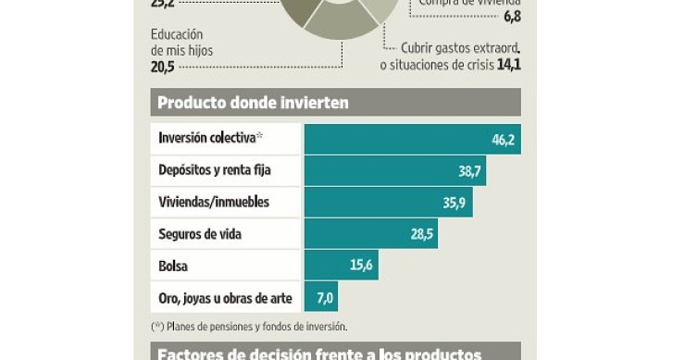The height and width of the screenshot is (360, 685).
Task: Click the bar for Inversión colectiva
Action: [x=412, y=139]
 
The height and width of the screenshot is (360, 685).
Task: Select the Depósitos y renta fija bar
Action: [x=394, y=170]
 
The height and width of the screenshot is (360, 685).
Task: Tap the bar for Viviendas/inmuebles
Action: [x=388, y=202]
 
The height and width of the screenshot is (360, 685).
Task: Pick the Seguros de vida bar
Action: [x=370, y=233]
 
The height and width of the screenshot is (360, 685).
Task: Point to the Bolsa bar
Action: [x=341, y=266]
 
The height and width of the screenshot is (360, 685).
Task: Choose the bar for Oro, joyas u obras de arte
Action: [x=321, y=297]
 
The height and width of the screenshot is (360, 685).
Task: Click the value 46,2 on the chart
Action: [x=503, y=139]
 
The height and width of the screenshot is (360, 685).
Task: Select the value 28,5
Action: [x=422, y=233]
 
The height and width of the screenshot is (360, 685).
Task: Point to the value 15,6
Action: [x=362, y=266]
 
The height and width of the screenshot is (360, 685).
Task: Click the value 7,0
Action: [x=324, y=297]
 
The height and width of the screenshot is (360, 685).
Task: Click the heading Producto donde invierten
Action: [x=253, y=103]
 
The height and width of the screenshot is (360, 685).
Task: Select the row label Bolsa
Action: [x=173, y=266]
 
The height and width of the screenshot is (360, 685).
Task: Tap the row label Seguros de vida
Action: [x=200, y=234]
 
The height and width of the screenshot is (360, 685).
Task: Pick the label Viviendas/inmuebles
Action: [x=214, y=202]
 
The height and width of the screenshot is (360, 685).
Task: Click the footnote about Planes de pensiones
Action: [x=248, y=326]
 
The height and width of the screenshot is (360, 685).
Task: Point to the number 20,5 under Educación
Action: [x=163, y=67]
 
